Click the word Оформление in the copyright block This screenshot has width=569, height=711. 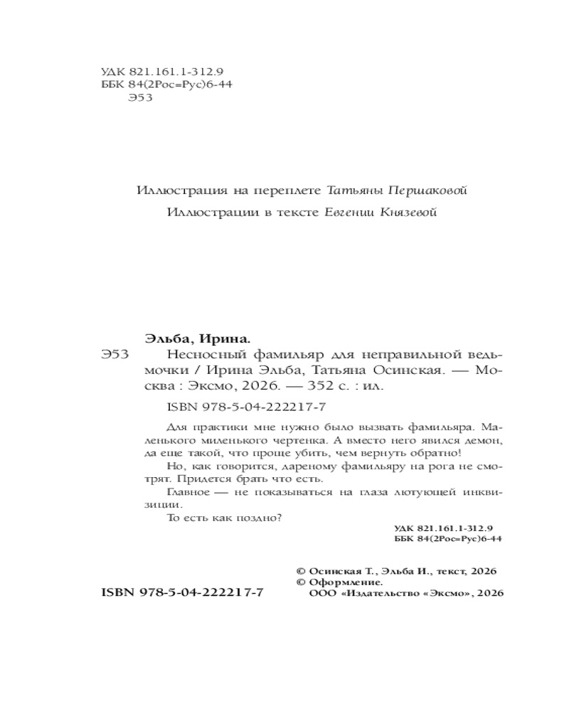(x=342, y=581)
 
